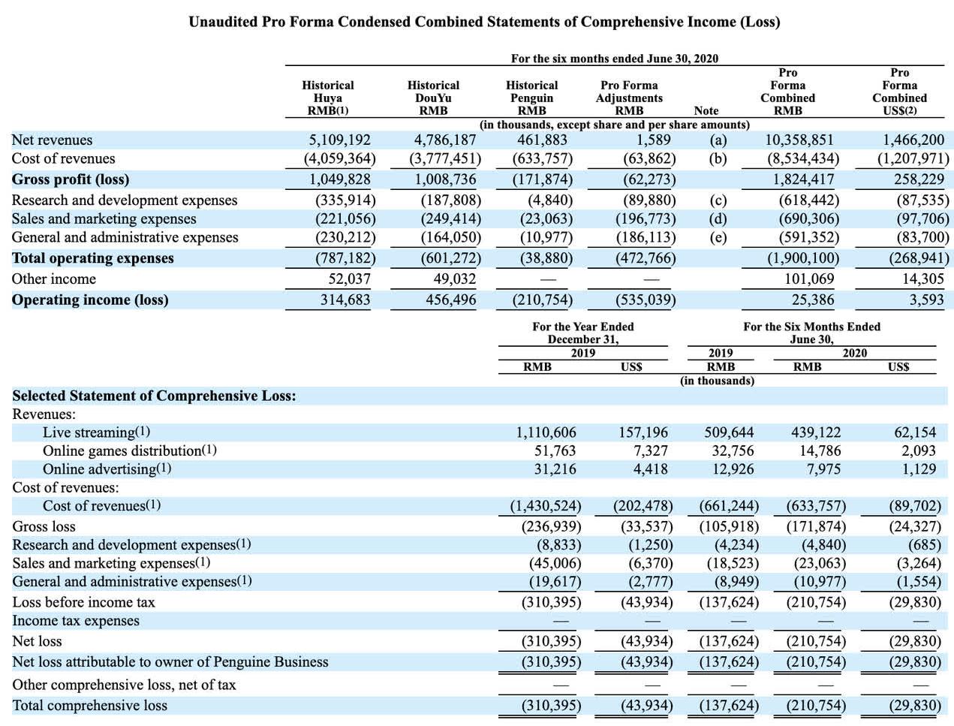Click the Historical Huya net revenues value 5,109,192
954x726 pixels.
click(339, 140)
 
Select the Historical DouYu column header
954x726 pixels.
click(433, 98)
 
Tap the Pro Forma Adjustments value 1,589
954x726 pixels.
click(654, 140)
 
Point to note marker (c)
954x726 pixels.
click(718, 200)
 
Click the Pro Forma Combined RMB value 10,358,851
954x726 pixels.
click(799, 140)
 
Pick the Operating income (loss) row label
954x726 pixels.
click(90, 300)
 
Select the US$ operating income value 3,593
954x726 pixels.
click(927, 300)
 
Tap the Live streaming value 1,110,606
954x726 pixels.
click(546, 432)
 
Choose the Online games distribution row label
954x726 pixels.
click(130, 450)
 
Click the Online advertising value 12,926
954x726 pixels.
click(733, 469)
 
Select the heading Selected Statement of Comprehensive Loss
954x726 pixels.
click(154, 396)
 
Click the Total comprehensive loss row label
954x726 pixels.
click(89, 705)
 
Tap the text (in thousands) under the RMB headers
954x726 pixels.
click(717, 381)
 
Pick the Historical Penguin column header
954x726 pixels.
click(532, 98)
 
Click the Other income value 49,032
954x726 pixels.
click(455, 279)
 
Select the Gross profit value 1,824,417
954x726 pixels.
click(803, 179)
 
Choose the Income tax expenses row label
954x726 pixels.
click(76, 621)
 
